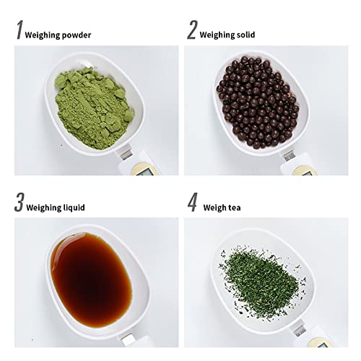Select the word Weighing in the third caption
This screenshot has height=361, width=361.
click(43, 207)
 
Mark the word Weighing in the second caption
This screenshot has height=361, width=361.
click(217, 34)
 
